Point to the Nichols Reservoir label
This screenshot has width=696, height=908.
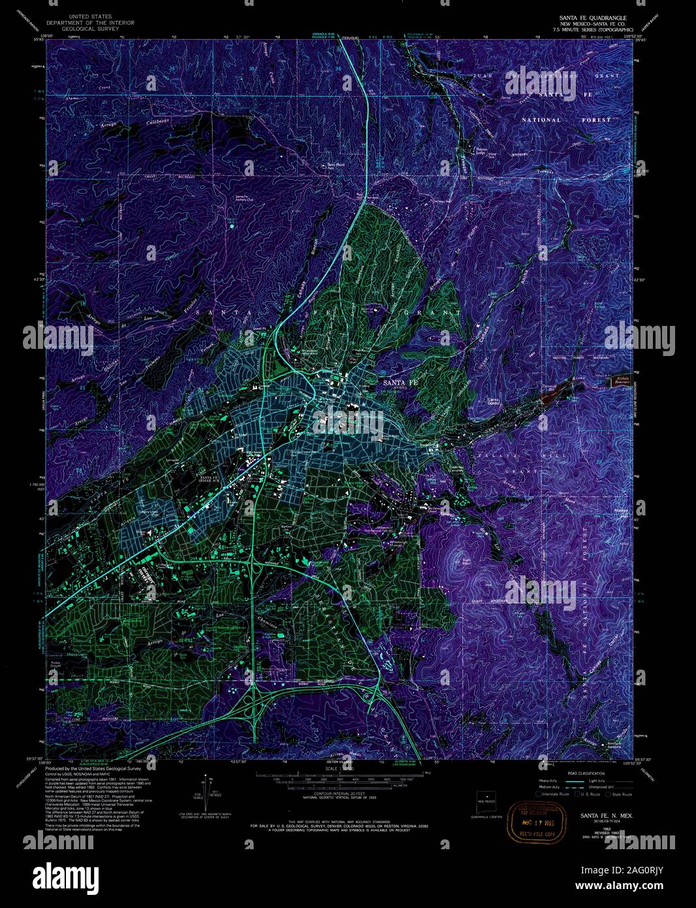click(x=621, y=381)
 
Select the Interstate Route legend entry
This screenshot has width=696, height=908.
click(x=553, y=794)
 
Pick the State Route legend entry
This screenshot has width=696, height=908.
click(x=619, y=794)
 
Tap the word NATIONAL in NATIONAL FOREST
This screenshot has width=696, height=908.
click(x=541, y=120)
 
